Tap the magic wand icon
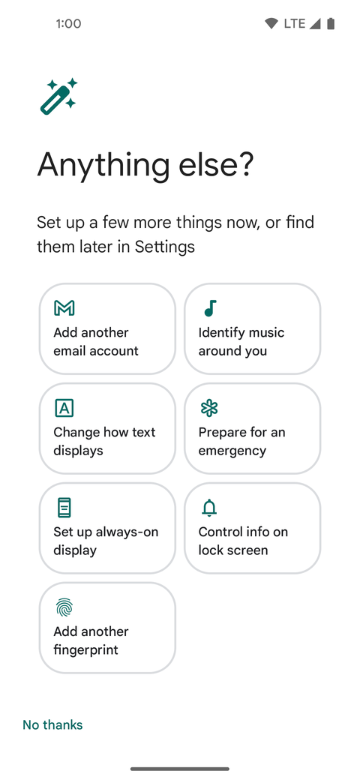(x=58, y=96)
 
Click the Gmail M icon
(x=64, y=308)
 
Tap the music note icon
(x=210, y=308)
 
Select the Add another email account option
(x=107, y=328)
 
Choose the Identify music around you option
(x=252, y=328)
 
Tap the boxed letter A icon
(x=64, y=408)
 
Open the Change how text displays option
(x=107, y=428)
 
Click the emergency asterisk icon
(x=209, y=408)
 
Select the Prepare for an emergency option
(x=252, y=428)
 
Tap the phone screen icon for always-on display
(x=64, y=508)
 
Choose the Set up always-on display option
(x=107, y=528)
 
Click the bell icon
(x=209, y=508)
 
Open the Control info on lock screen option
(x=252, y=528)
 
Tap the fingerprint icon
(x=64, y=607)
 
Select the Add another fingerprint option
(x=107, y=628)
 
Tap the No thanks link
(x=52, y=724)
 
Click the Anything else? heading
(x=145, y=165)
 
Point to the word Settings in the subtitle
(x=165, y=246)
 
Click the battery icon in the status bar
(x=331, y=24)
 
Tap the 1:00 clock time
(x=68, y=24)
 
